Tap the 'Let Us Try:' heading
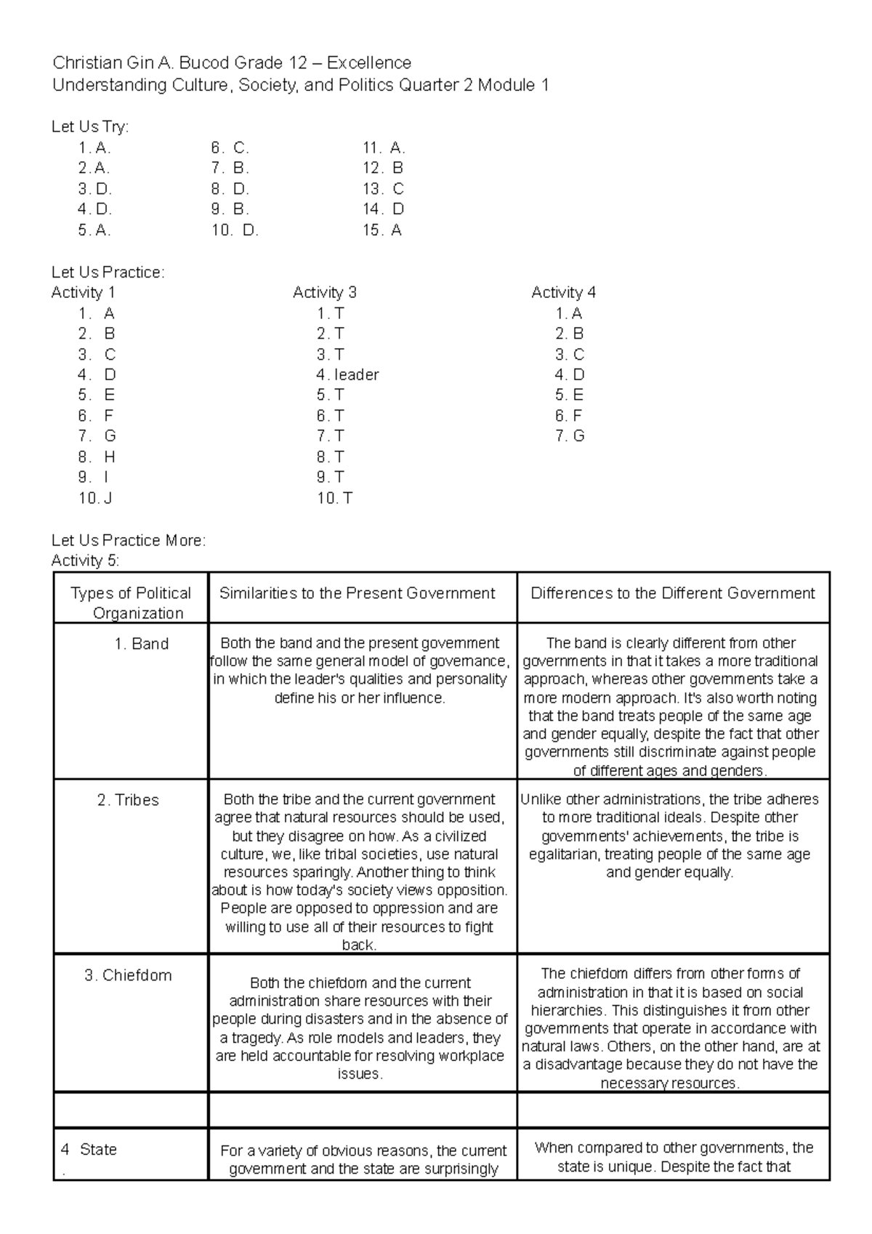pyautogui.click(x=90, y=126)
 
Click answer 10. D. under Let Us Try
pyautogui.click(x=235, y=230)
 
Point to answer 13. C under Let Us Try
pyautogui.click(x=383, y=189)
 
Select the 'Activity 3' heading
pyautogui.click(x=324, y=292)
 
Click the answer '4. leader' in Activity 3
pyautogui.click(x=347, y=375)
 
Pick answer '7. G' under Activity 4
pyautogui.click(x=570, y=436)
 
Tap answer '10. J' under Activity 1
pyautogui.click(x=95, y=499)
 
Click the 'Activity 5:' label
pyautogui.click(x=86, y=560)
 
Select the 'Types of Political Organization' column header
pyautogui.click(x=131, y=602)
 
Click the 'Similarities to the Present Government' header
pyautogui.click(x=357, y=593)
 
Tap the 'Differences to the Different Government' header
pyautogui.click(x=673, y=593)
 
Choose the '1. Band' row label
pyautogui.click(x=141, y=644)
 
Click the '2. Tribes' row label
pyautogui.click(x=128, y=800)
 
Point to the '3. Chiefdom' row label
pyautogui.click(x=128, y=975)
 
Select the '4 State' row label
pyautogui.click(x=89, y=1150)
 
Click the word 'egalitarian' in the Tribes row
pyautogui.click(x=564, y=855)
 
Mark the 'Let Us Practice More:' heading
pyautogui.click(x=129, y=541)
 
